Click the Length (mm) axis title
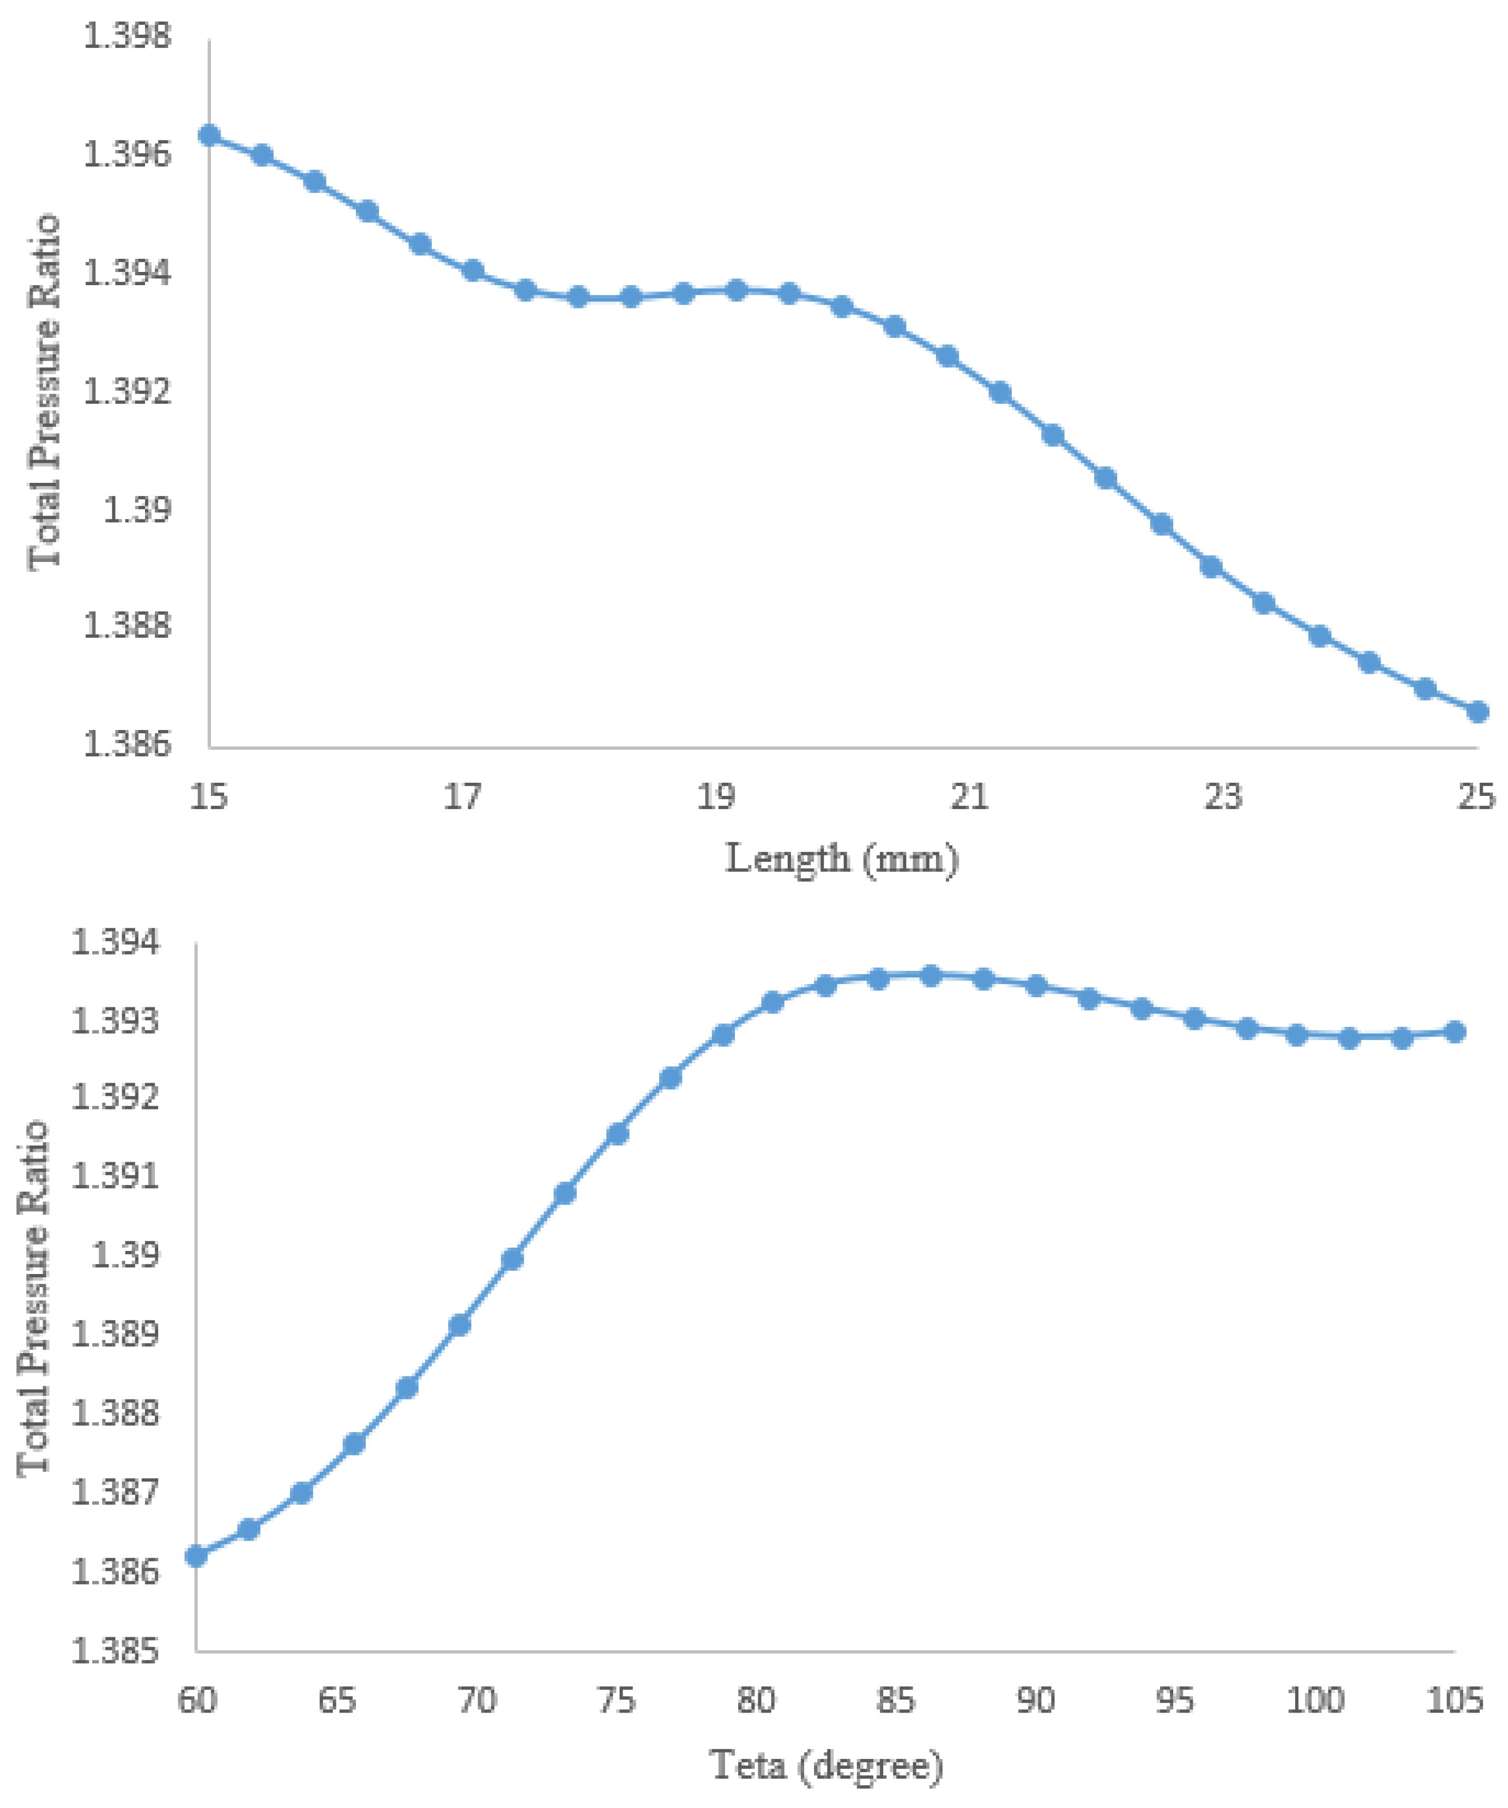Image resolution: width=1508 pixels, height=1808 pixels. (x=842, y=859)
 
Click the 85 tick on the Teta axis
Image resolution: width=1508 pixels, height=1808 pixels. (x=896, y=1700)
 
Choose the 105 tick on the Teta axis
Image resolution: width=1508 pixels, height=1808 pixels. (x=1455, y=1700)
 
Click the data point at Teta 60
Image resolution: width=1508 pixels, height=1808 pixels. (x=196, y=1556)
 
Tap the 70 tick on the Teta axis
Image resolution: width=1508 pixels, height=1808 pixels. (x=476, y=1700)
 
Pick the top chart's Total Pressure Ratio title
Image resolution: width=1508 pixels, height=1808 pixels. (x=45, y=392)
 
